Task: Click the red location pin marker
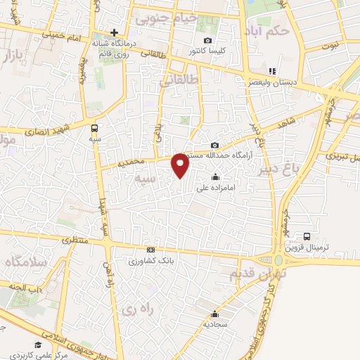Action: point(181,165)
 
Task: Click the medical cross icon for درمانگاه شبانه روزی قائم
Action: point(114,32)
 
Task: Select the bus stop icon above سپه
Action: point(94,128)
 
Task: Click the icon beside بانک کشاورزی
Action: point(150,250)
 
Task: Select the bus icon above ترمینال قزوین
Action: point(307,236)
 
